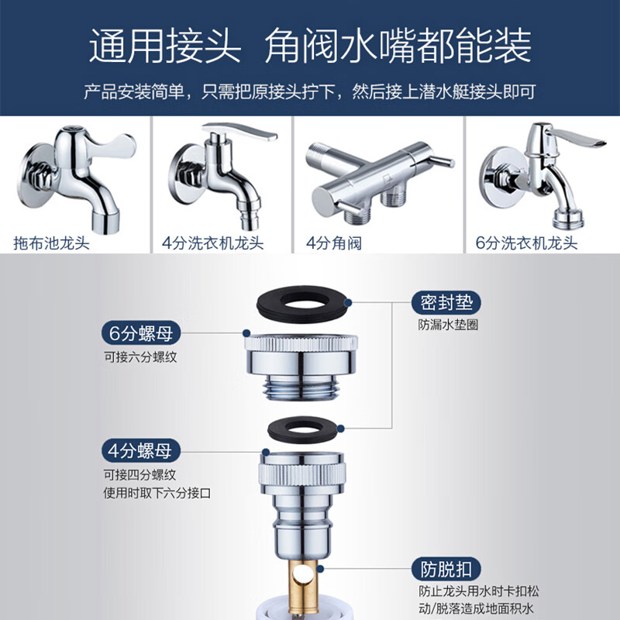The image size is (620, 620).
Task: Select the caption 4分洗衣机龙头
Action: click(213, 243)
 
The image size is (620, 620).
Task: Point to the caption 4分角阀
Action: click(334, 243)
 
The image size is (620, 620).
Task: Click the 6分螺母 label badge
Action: click(141, 334)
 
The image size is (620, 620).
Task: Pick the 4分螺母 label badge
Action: click(141, 449)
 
